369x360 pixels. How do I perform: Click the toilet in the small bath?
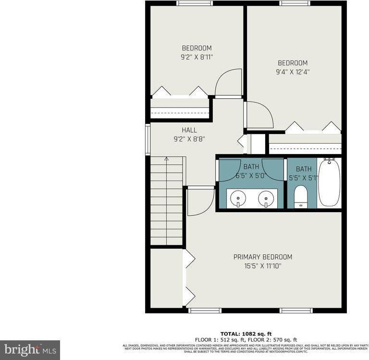301,197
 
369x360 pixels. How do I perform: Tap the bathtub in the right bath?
329,183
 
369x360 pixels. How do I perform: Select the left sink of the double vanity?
237,197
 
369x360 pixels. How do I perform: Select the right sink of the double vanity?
266,197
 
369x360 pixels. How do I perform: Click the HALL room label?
189,130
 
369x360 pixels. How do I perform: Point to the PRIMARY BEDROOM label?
263,257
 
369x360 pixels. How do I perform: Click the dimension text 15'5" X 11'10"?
263,265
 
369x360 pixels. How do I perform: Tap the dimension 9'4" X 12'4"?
293,72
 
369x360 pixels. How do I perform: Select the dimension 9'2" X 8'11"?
197,57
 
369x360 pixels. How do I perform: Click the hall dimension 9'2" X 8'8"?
189,139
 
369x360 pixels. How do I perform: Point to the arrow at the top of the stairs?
166,159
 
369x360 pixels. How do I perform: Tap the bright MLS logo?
30,350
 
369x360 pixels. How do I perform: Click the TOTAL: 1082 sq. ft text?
246,334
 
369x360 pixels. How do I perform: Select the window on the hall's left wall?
148,139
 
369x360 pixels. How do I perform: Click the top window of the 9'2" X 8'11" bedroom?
195,3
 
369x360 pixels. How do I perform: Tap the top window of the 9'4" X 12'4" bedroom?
295,3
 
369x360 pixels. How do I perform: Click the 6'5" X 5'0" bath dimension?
251,176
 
